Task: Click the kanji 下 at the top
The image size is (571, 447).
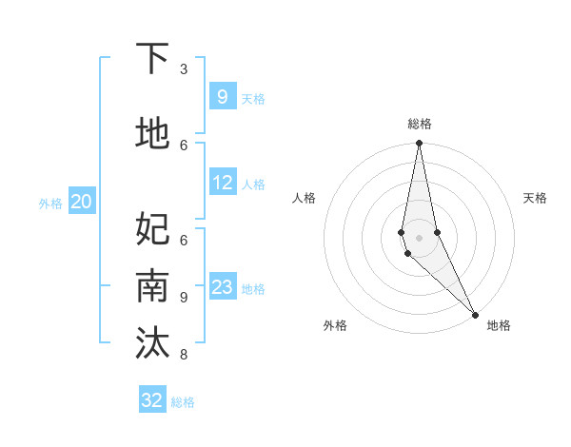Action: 153,59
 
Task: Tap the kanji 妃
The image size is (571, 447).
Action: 153,228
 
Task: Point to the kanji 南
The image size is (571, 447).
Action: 153,286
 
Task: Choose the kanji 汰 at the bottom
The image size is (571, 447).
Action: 153,343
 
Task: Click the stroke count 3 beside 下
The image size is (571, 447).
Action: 184,69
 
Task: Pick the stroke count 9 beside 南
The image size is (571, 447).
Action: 184,297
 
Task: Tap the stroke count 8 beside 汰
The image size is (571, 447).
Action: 184,355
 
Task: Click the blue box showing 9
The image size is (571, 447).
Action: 222,96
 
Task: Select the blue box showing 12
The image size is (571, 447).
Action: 222,183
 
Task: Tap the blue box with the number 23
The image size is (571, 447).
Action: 222,287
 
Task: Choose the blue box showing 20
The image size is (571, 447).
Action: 82,201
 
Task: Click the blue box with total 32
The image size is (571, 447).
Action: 152,400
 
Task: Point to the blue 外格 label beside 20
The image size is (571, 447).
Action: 50,203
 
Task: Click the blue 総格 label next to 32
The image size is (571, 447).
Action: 183,402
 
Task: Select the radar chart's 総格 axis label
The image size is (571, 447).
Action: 420,125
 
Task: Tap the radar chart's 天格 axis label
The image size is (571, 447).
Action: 535,198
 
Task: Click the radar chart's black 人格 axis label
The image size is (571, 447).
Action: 304,198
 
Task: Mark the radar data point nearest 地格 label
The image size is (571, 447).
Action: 475,313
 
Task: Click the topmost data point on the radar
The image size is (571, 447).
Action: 419,144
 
